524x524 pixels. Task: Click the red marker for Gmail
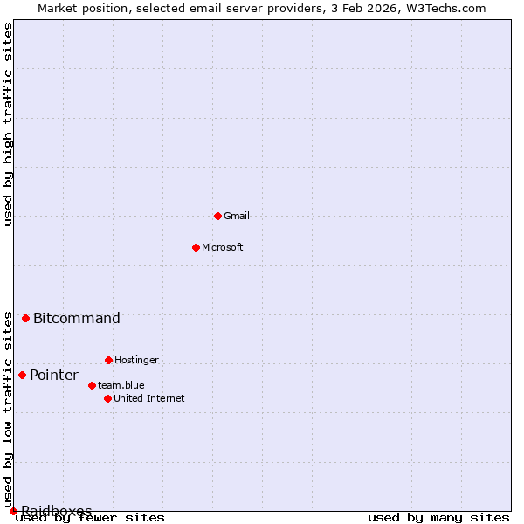217,216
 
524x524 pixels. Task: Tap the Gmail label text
237,216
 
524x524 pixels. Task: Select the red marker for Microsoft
196,247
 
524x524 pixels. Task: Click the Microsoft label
223,247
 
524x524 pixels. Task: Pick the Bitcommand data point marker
25,318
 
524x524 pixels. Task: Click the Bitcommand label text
77,318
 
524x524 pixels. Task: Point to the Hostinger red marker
108,360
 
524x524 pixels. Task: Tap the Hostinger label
136,360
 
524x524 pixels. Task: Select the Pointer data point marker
22,375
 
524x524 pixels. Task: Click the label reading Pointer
54,376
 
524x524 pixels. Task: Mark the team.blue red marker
92,385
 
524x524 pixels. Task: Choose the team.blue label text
121,385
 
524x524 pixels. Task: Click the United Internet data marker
107,398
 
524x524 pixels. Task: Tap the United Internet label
149,398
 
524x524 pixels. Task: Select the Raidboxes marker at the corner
13,511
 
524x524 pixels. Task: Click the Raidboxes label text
57,511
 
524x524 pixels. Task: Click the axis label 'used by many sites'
438,518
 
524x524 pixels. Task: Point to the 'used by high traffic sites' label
8,124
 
